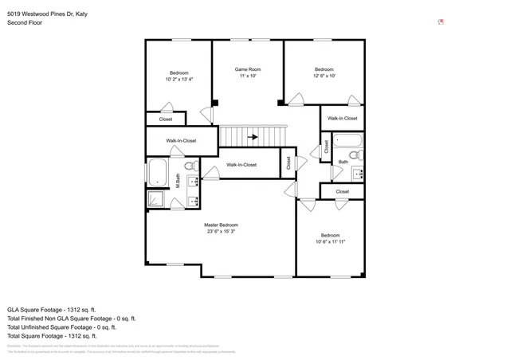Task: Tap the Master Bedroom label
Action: tap(222, 225)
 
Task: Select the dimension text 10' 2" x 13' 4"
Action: tap(179, 79)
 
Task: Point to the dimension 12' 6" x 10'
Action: tap(324, 76)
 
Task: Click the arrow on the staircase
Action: tap(253, 137)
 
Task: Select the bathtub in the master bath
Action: tap(157, 172)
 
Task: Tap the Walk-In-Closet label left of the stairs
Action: tap(181, 141)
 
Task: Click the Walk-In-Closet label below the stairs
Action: tap(241, 165)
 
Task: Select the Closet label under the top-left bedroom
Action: tap(166, 119)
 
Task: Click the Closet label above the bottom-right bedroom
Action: tap(342, 192)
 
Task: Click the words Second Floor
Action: tap(25, 23)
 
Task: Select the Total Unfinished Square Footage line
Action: tap(61, 327)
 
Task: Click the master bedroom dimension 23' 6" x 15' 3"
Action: tap(222, 233)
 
